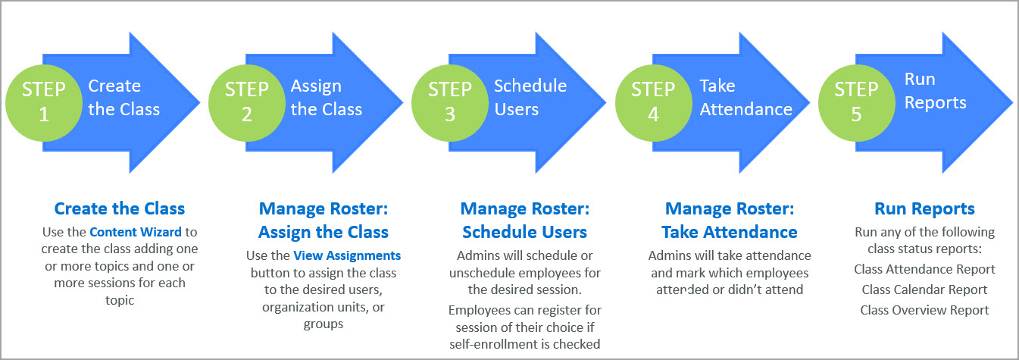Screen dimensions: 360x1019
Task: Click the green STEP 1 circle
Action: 43,101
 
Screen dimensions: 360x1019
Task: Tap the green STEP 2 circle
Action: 246,101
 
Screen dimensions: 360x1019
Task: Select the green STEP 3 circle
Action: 450,101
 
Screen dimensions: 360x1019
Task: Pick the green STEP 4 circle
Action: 653,101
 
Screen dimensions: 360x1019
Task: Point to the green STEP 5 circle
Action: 856,101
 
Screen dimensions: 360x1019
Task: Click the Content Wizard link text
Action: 123,232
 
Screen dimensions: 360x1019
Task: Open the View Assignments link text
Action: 347,255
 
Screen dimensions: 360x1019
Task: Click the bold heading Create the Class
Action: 119,208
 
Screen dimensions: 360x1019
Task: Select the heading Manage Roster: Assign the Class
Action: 324,220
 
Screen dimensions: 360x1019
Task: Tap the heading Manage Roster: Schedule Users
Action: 525,220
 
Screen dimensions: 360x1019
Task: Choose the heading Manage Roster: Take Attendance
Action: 730,220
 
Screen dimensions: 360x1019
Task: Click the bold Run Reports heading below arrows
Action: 924,208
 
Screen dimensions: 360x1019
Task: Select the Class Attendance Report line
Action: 924,269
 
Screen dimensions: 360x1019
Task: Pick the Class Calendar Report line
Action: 924,290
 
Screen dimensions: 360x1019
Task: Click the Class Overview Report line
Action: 924,310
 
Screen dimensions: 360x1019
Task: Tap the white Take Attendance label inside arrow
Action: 745,98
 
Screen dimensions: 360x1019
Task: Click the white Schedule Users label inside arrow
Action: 530,98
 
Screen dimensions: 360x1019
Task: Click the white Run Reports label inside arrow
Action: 935,91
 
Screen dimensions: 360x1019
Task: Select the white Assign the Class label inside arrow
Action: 326,98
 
